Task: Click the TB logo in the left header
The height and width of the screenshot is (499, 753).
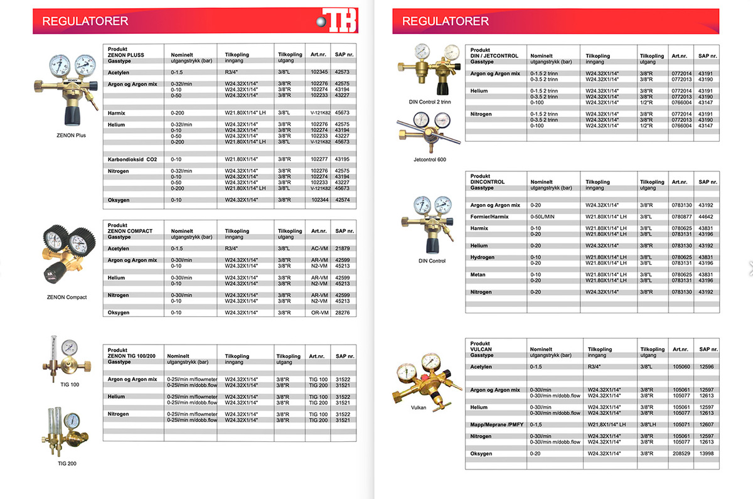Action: point(339,21)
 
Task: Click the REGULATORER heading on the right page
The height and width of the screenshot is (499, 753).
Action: point(445,21)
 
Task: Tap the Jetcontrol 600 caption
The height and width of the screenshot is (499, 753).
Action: point(429,159)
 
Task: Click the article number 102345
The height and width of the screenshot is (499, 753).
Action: point(320,72)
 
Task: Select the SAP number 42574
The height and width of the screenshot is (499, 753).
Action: point(342,200)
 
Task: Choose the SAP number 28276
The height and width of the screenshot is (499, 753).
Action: point(342,313)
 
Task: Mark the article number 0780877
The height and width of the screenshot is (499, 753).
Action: point(680,217)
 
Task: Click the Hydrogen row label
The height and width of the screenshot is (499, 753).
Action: point(483,257)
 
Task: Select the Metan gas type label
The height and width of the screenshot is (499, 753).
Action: point(479,274)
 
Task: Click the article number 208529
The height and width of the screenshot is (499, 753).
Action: point(680,453)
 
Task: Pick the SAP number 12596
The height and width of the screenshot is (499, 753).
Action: point(705,367)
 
